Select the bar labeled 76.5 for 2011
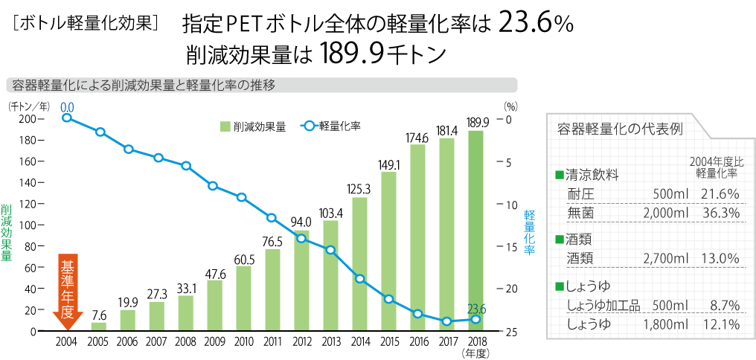click(x=273, y=289)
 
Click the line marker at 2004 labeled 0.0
click(x=67, y=118)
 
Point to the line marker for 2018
click(x=475, y=319)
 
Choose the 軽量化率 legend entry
click(x=331, y=126)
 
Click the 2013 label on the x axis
click(x=330, y=342)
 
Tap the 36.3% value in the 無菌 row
click(x=720, y=213)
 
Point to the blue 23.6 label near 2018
click(x=476, y=308)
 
